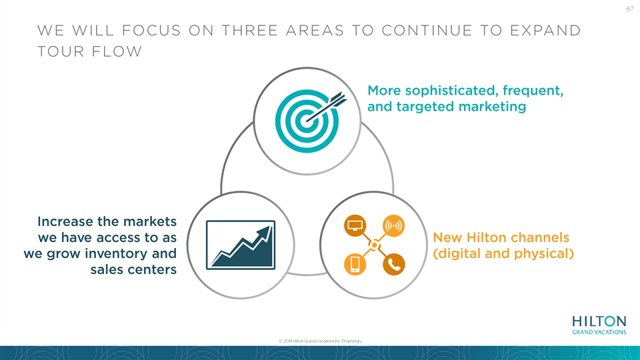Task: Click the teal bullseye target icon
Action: [x=307, y=121]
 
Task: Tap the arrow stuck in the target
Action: [x=326, y=107]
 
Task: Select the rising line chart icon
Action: [x=241, y=245]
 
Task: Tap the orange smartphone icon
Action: [x=355, y=264]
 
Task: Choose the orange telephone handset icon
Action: [x=393, y=264]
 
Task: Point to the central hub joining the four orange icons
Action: [x=374, y=245]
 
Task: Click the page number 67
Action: [x=630, y=9]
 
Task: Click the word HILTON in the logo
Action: [x=599, y=321]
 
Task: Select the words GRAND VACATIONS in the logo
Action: [x=599, y=332]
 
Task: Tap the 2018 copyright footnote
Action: [x=321, y=341]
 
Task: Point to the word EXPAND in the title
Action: [x=545, y=31]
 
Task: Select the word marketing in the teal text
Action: [x=492, y=107]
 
